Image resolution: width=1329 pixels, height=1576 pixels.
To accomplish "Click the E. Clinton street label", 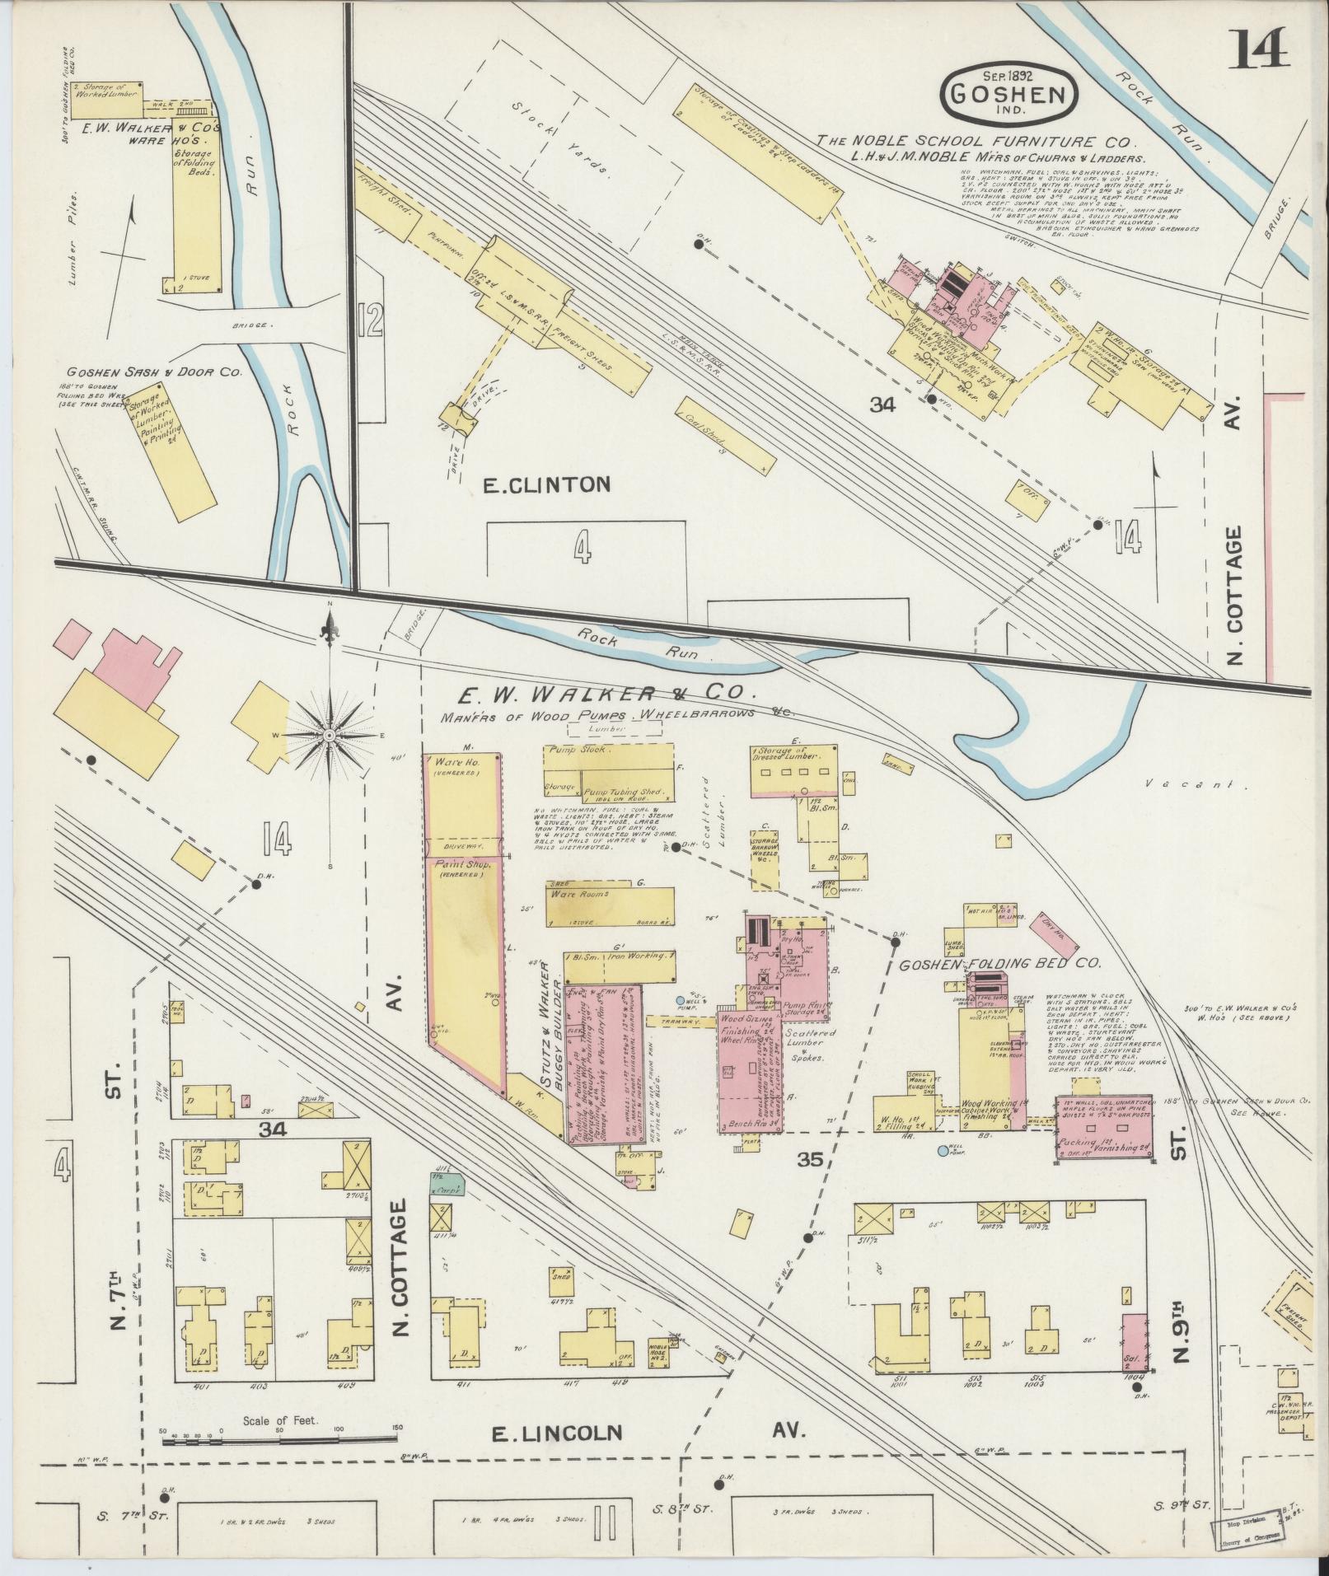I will [546, 485].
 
